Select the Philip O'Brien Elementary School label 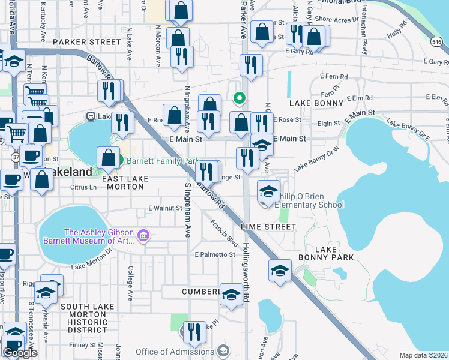(310, 205)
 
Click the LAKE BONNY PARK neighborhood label (328, 253)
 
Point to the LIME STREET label (268, 227)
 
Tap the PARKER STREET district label (87, 42)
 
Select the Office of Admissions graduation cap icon (223, 351)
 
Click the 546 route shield (438, 41)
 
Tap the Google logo (20, 353)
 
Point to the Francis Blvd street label (224, 232)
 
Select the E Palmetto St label (215, 255)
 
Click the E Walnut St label (166, 208)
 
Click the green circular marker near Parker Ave (239, 97)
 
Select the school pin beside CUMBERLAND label (231, 295)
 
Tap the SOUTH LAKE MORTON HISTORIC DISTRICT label (83, 318)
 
